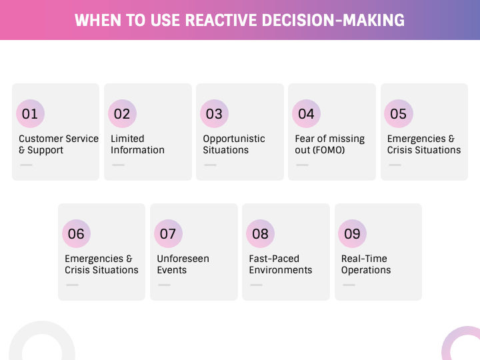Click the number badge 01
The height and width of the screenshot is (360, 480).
[30, 113]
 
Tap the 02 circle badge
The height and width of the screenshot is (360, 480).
[122, 113]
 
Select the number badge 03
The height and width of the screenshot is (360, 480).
[214, 113]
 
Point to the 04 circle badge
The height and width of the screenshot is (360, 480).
[306, 113]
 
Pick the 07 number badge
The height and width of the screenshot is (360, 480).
[168, 233]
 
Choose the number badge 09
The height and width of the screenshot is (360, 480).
[352, 233]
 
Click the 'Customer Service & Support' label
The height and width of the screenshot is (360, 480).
[59, 144]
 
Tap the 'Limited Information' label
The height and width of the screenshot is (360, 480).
[137, 144]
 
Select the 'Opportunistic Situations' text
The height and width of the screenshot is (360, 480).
[234, 144]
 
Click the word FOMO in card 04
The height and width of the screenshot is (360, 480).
[329, 150]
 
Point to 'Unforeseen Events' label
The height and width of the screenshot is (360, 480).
[183, 264]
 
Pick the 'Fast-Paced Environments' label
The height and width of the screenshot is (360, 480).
[281, 264]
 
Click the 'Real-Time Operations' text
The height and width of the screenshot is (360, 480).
[366, 264]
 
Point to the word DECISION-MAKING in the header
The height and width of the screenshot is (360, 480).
[333, 20]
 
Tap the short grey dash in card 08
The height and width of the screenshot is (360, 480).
[256, 285]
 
